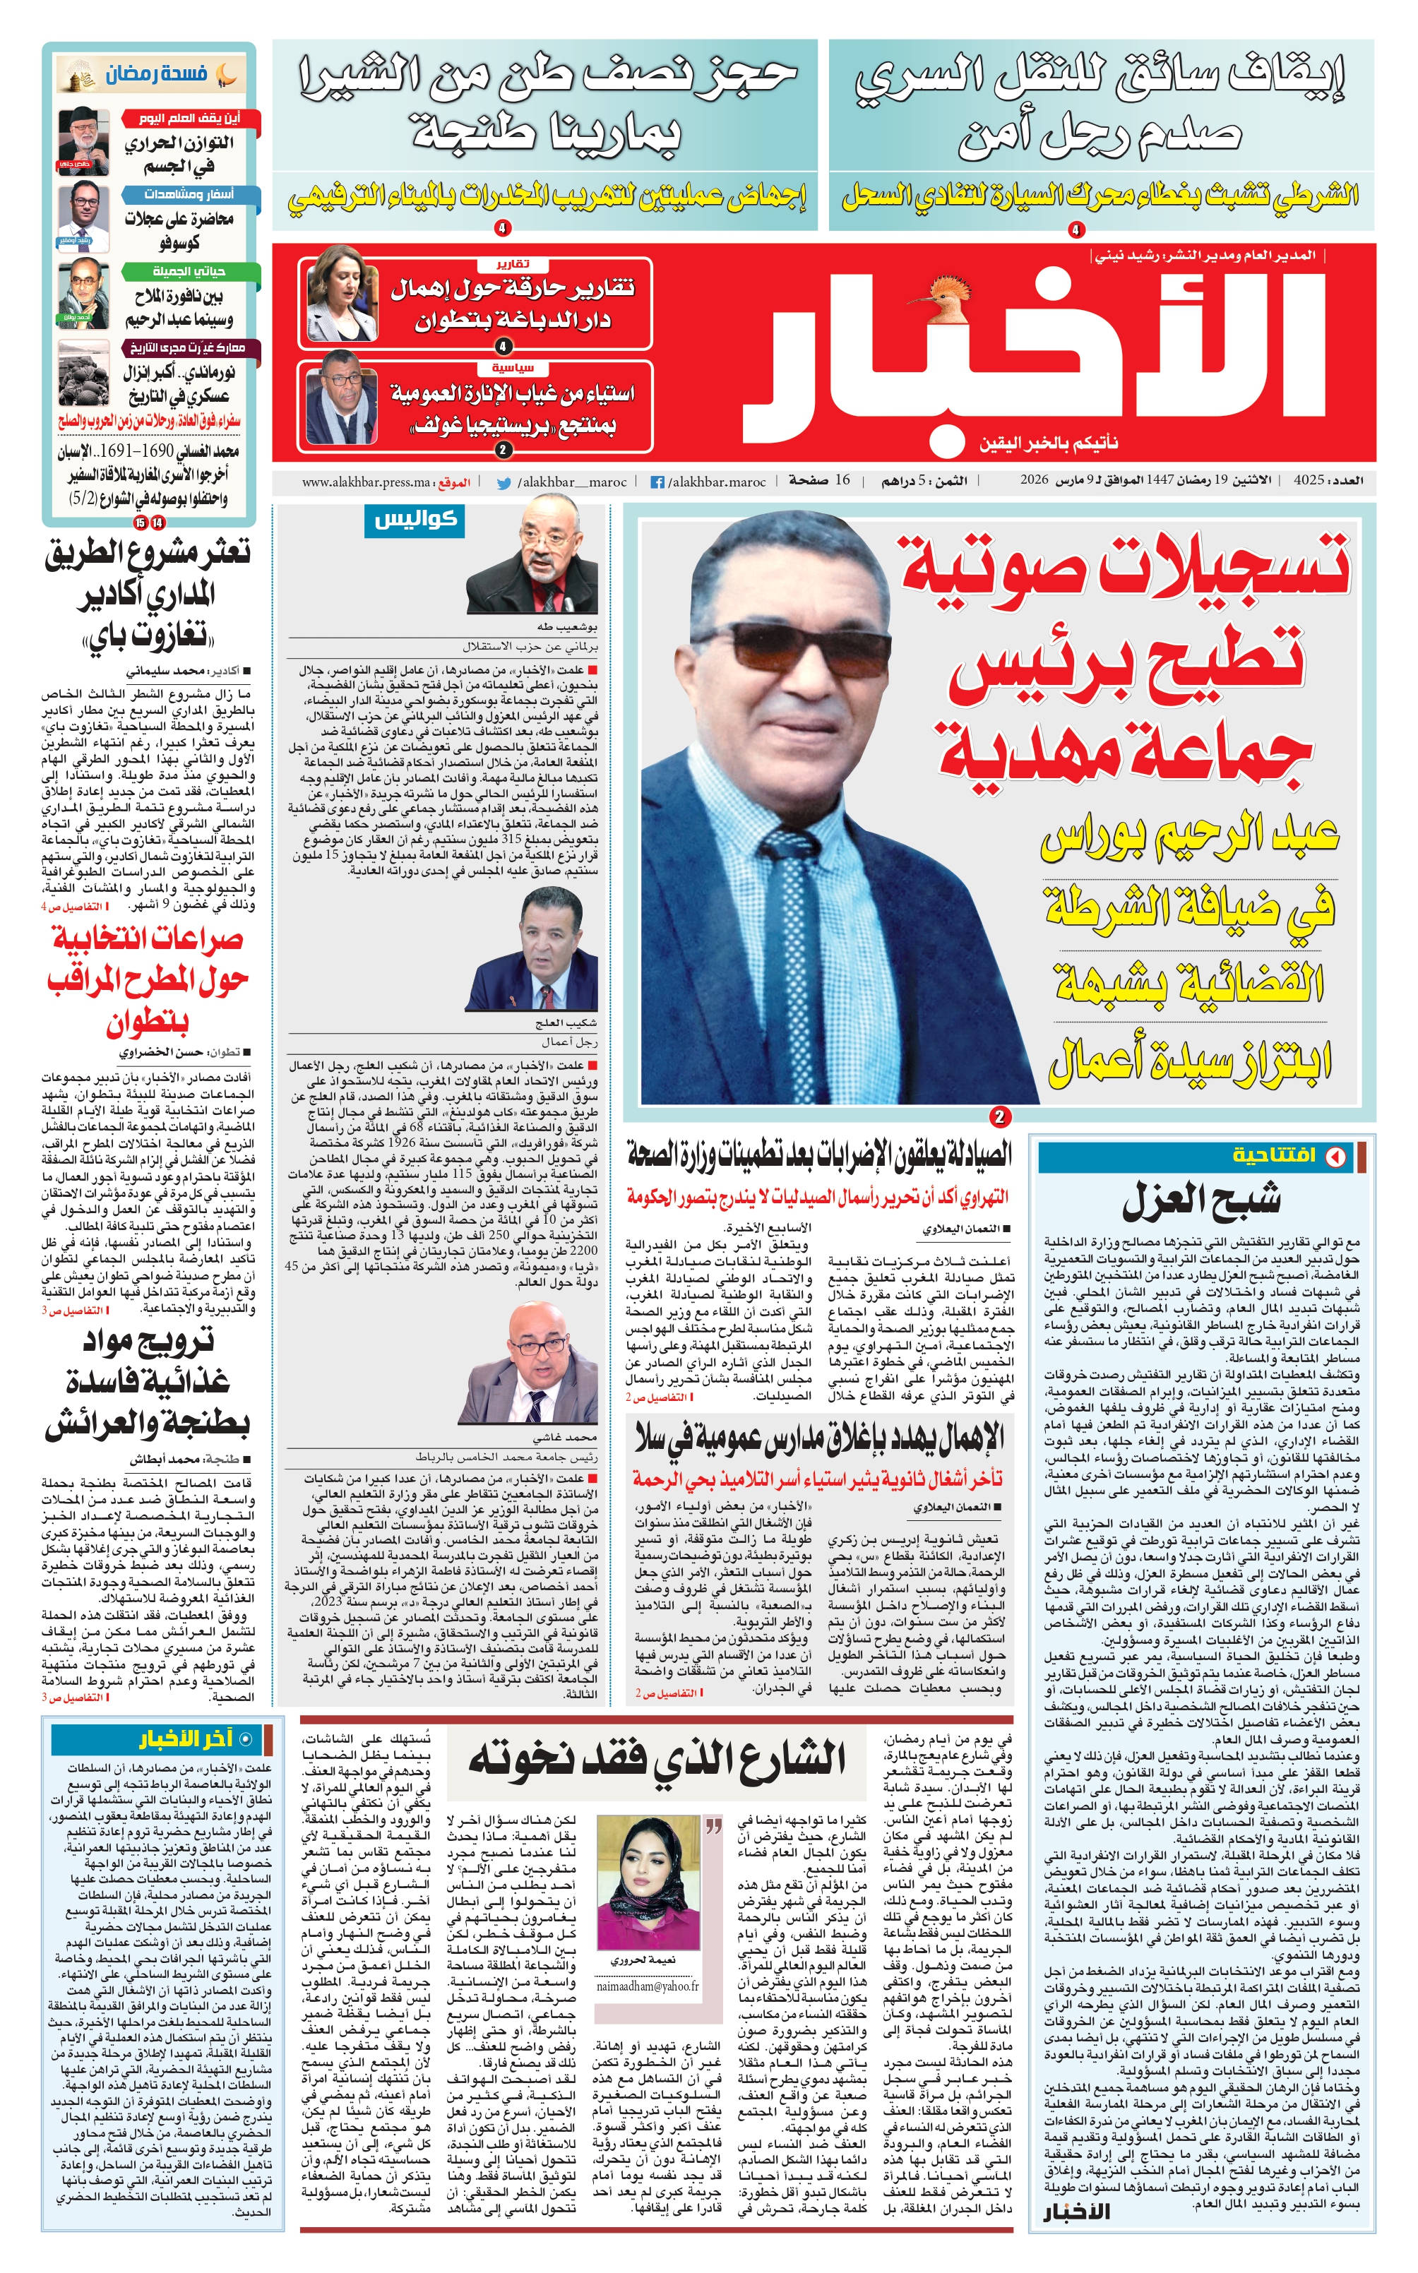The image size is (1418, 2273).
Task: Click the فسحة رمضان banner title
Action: click(x=155, y=74)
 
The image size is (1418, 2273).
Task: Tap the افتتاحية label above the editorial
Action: click(x=1275, y=1155)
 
